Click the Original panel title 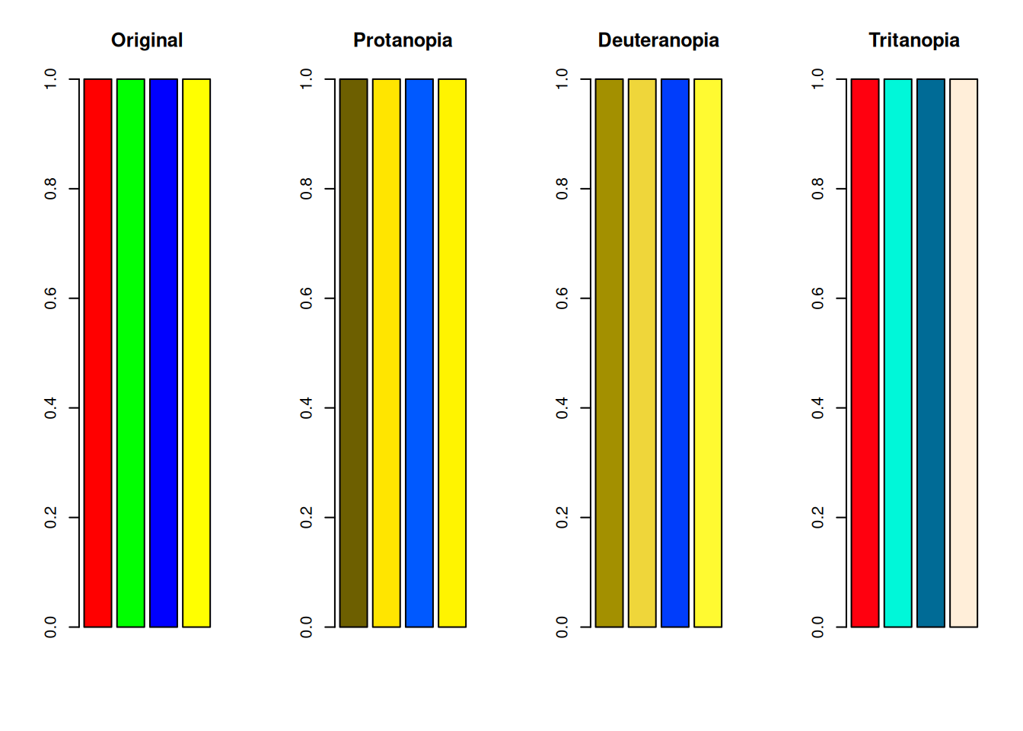[147, 40]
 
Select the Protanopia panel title [403, 40]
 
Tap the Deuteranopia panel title [658, 40]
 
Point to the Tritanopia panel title [913, 40]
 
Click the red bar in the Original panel [97, 353]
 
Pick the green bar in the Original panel [131, 353]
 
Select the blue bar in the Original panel [164, 353]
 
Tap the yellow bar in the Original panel [196, 353]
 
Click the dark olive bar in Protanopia [353, 353]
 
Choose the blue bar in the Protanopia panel [419, 353]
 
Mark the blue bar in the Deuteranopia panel [675, 353]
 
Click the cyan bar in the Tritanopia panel [897, 353]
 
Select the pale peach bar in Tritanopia [964, 353]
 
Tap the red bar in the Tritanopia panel [865, 353]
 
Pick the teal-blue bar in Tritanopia [931, 353]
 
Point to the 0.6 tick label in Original [51, 298]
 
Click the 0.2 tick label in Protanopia [307, 518]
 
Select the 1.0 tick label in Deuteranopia [562, 79]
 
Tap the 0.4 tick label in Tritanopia [818, 408]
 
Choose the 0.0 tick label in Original [51, 627]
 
